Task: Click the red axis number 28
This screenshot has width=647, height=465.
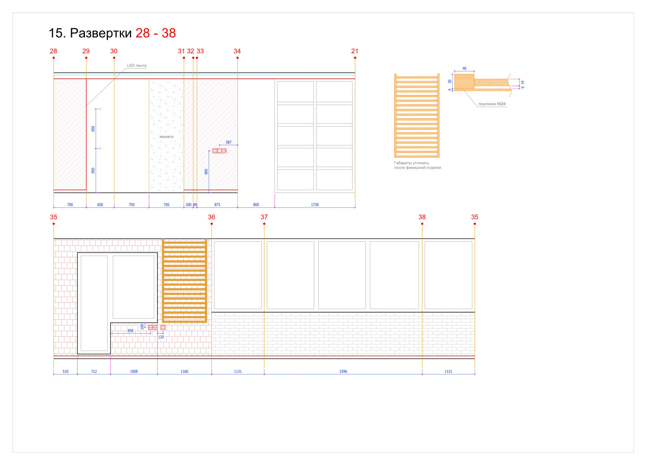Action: pyautogui.click(x=53, y=51)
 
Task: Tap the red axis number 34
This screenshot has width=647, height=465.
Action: pyautogui.click(x=237, y=51)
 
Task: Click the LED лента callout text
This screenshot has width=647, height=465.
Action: pyautogui.click(x=137, y=66)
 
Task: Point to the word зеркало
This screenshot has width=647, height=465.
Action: pyautogui.click(x=166, y=137)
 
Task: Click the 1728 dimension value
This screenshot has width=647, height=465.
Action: pyautogui.click(x=315, y=205)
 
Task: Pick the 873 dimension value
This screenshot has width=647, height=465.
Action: pyautogui.click(x=217, y=205)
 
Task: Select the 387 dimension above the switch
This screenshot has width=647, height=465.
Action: pyautogui.click(x=228, y=142)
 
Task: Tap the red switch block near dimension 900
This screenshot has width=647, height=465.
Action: pyautogui.click(x=220, y=151)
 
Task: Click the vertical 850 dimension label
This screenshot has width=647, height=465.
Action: pyautogui.click(x=93, y=129)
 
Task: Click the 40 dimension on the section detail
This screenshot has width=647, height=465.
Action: pyautogui.click(x=465, y=68)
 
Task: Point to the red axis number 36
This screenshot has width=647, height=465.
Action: pyautogui.click(x=211, y=217)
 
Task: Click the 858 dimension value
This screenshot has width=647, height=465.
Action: pyautogui.click(x=131, y=331)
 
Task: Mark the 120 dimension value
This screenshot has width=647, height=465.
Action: pyautogui.click(x=161, y=337)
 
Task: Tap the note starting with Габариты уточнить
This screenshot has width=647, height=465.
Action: pyautogui.click(x=418, y=165)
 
